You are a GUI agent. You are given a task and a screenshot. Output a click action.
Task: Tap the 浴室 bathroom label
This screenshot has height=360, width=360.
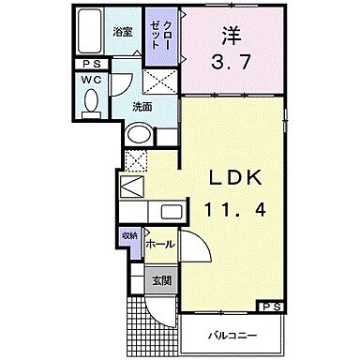click(124, 32)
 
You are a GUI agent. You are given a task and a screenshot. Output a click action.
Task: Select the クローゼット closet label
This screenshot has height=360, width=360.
click(156, 38)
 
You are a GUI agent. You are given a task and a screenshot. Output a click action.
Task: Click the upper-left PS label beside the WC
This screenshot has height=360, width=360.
click(90, 65)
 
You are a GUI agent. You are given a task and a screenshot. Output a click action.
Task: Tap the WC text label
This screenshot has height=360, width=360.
click(90, 82)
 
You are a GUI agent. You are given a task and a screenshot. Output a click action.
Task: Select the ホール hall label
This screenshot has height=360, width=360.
click(159, 243)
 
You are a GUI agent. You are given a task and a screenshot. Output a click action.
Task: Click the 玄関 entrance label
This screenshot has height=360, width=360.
click(161, 278)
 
